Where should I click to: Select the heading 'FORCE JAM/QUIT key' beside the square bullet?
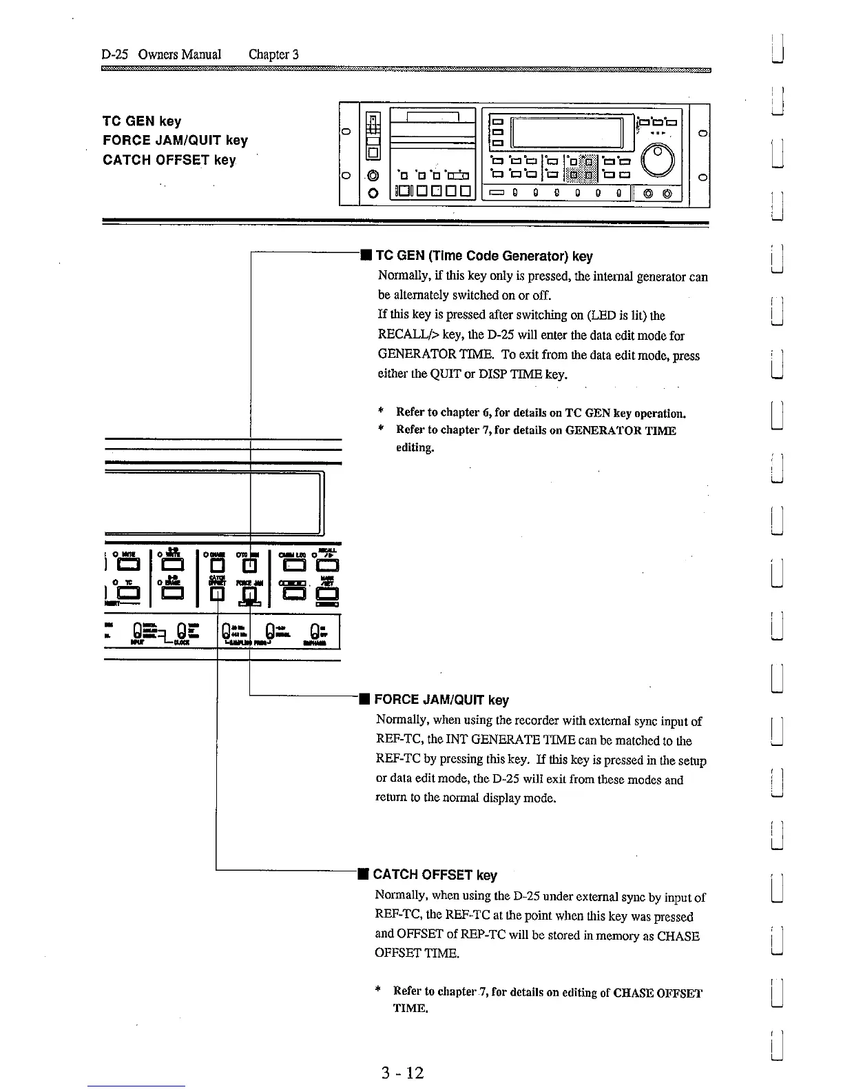point(441,700)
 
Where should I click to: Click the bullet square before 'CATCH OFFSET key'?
point(363,875)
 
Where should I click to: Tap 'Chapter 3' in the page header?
point(273,54)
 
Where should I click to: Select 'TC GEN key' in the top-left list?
point(142,121)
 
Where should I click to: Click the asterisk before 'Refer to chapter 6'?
point(380,412)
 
